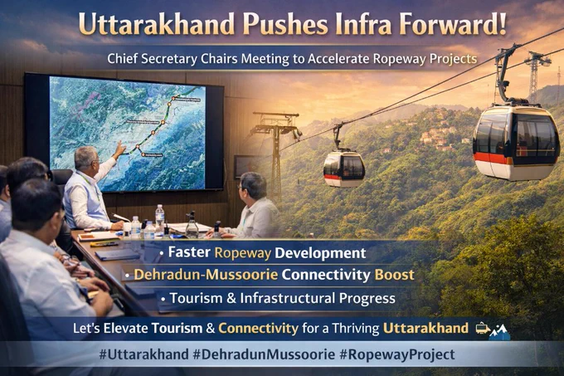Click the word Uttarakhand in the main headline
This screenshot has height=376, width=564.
click(157, 24)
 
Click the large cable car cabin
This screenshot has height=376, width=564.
click(516, 141)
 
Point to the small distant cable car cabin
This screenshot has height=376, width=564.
click(343, 168)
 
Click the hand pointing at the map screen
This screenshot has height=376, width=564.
click(119, 148)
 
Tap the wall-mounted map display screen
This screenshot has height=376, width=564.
click(124, 132)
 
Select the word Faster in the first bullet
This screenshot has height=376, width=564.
click(189, 252)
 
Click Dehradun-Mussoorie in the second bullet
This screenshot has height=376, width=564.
click(206, 275)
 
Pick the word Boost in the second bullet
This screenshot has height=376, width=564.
click(395, 275)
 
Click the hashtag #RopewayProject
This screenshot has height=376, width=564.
click(397, 354)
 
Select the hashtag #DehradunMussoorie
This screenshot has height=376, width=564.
click(264, 354)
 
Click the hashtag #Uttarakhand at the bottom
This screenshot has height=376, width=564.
click(143, 354)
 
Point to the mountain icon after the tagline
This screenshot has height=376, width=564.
click(500, 331)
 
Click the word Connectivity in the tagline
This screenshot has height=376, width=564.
click(258, 328)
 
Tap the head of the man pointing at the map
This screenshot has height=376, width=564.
click(86, 159)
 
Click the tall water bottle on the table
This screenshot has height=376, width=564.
click(160, 219)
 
